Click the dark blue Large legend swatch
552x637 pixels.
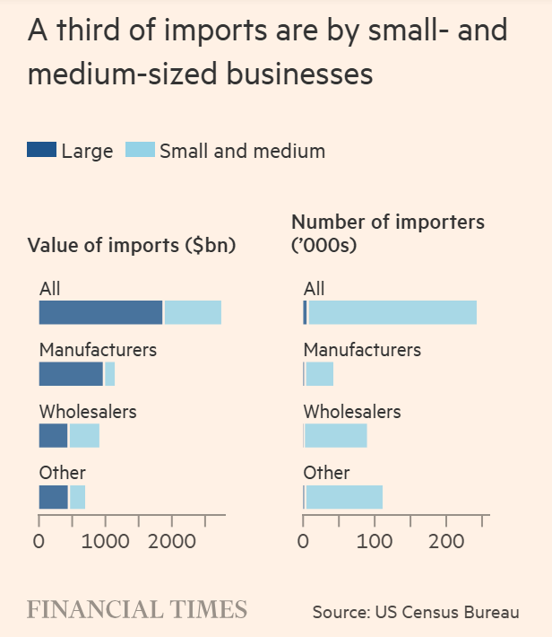point(42,150)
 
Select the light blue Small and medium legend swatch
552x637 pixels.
point(139,150)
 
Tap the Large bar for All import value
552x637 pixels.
point(100,312)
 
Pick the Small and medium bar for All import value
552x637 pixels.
point(193,312)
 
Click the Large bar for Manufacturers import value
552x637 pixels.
point(71,373)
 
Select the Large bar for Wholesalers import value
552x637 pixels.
point(53,435)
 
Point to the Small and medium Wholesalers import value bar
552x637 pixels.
point(84,435)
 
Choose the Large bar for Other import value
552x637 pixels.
point(53,496)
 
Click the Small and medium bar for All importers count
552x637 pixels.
point(392,312)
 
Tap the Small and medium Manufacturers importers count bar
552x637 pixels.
point(320,373)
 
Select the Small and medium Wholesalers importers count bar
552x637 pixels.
point(336,435)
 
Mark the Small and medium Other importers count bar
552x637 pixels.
point(344,496)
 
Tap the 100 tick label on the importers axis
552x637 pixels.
point(375,541)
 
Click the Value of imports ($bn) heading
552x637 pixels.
point(132,245)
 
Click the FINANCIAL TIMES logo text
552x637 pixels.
point(137,610)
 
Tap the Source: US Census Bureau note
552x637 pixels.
point(416,612)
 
